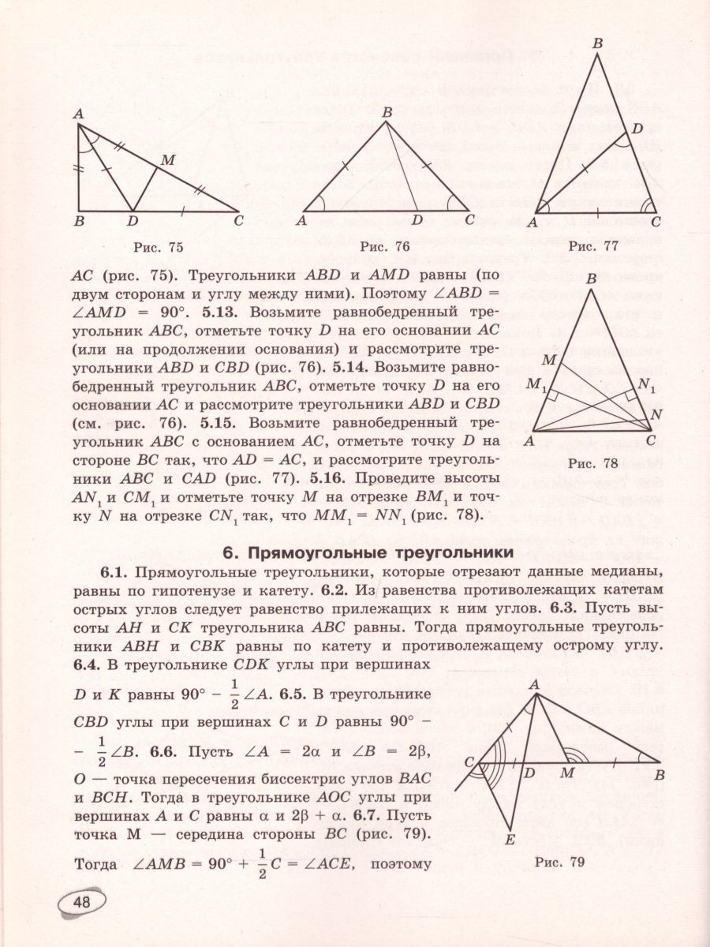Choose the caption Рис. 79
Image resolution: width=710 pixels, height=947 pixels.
click(559, 863)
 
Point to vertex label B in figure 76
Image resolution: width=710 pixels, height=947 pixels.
click(387, 113)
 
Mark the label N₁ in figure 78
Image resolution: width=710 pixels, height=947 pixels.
click(647, 386)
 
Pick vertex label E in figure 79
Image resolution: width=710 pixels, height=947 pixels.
click(510, 839)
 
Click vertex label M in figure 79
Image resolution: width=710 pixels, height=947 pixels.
click(566, 773)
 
